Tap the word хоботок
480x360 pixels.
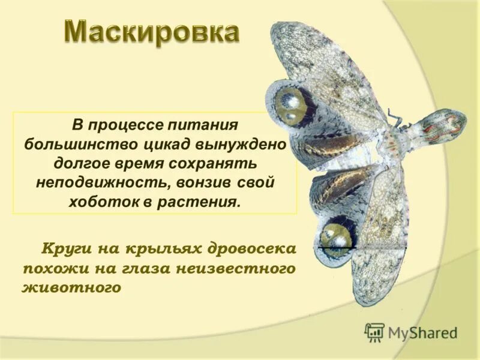106,201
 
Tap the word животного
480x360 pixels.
71,287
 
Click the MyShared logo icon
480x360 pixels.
374,331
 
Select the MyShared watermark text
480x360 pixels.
422,332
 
